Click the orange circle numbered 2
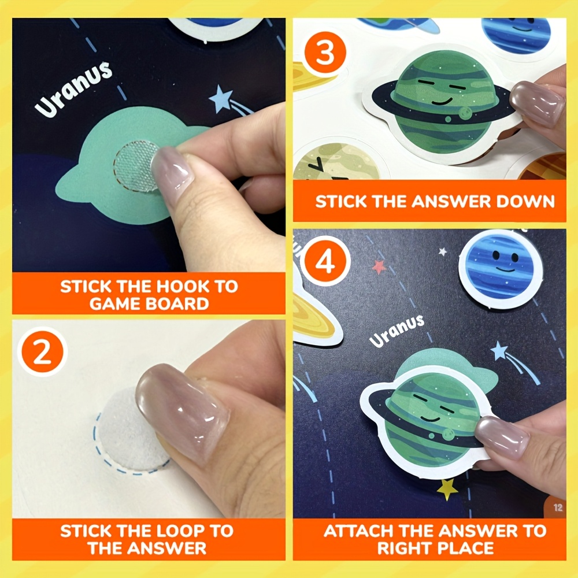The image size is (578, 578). coord(42,351)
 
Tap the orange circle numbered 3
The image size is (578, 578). coord(325,53)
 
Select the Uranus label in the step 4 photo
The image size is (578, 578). coord(397,331)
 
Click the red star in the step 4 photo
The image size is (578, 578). coord(379,266)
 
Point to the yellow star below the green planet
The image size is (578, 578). coord(447,490)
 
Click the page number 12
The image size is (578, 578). coord(558,507)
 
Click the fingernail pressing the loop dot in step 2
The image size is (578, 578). coord(180,411)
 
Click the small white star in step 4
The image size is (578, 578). coord(442,252)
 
